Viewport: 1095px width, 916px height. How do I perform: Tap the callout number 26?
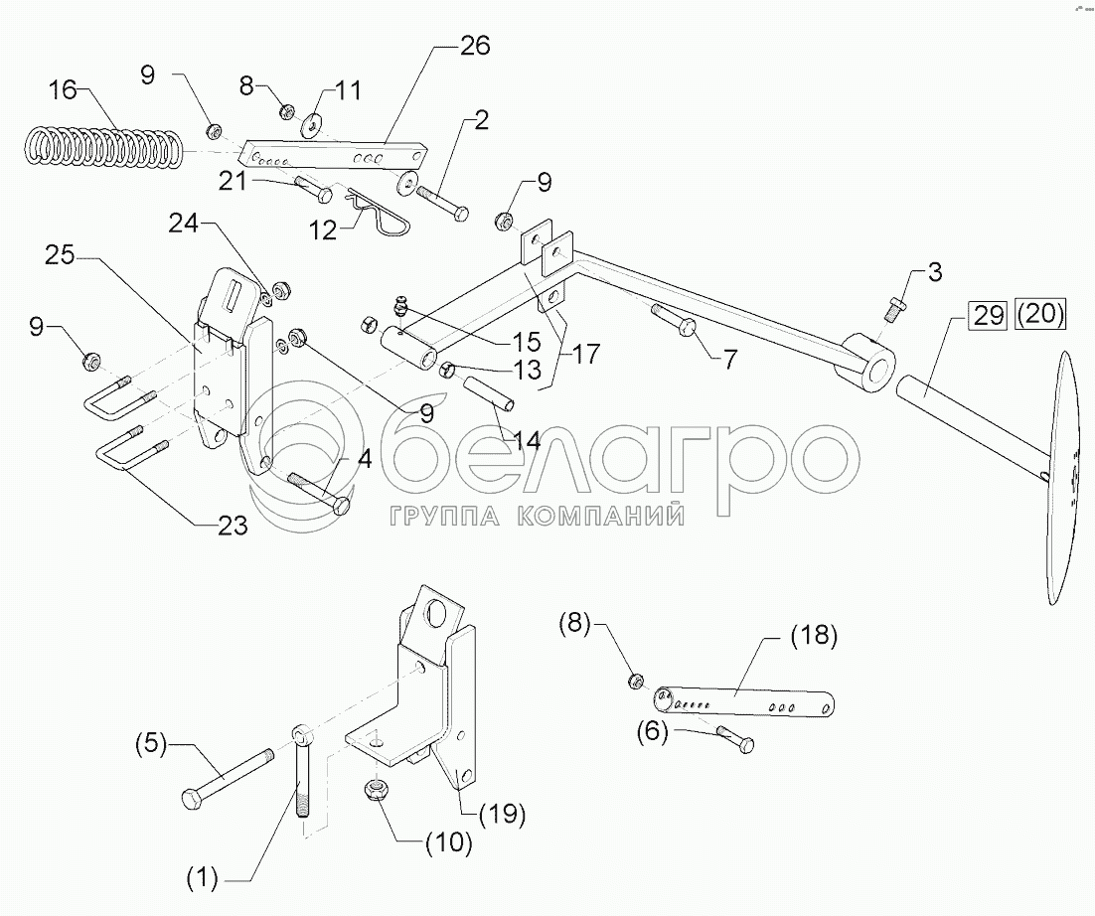475,46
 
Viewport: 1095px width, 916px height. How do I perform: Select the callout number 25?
59,255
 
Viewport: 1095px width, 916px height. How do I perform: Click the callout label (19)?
502,816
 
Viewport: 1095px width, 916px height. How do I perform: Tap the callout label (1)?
205,877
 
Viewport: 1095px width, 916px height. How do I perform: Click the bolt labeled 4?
318,491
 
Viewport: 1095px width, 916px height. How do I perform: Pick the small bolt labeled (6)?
733,739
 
